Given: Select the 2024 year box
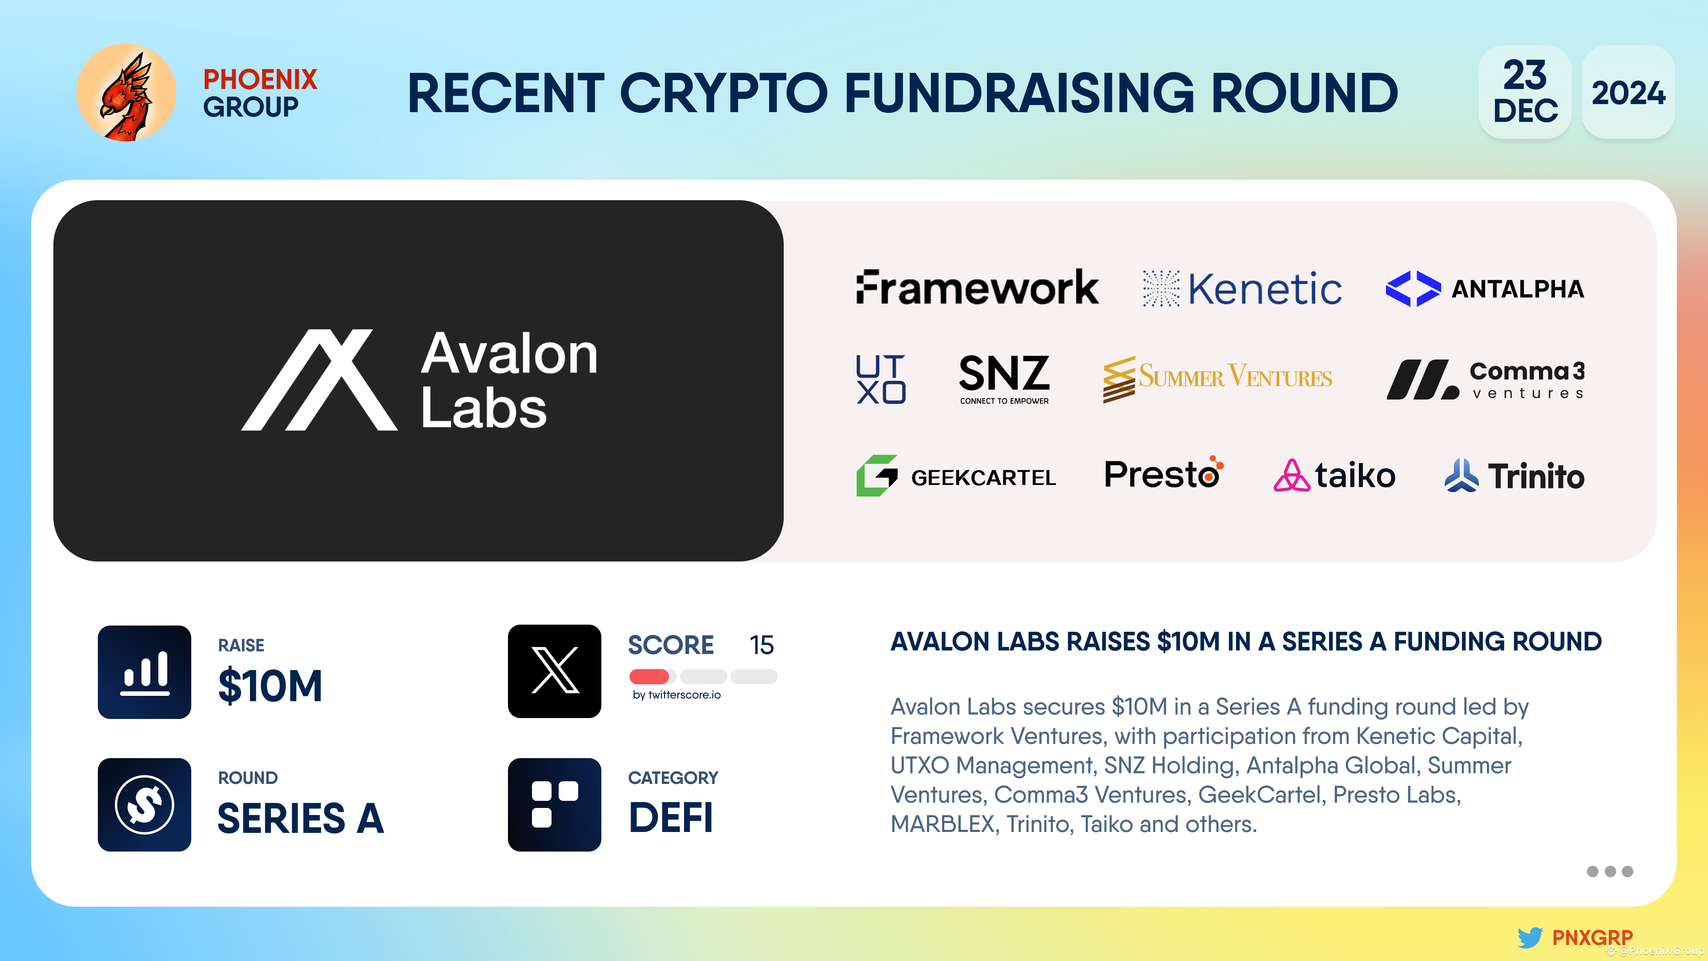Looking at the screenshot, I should [x=1628, y=92].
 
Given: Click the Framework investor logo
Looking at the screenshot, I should [x=977, y=288].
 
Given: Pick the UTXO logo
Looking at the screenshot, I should [x=881, y=379].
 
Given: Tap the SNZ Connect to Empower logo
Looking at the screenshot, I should [x=1004, y=379].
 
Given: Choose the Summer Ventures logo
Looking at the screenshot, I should [x=1217, y=379].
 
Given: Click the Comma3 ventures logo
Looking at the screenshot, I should [x=1485, y=380].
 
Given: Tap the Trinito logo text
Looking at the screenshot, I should [x=1535, y=476].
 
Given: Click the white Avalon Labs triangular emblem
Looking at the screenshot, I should [x=319, y=380].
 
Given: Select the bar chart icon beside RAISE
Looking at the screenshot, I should [x=145, y=672].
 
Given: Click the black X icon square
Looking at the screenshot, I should [x=554, y=671].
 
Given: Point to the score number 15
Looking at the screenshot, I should [x=761, y=645].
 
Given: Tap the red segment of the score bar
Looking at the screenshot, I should [x=649, y=676].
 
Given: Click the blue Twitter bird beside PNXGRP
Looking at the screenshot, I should [x=1530, y=937].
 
